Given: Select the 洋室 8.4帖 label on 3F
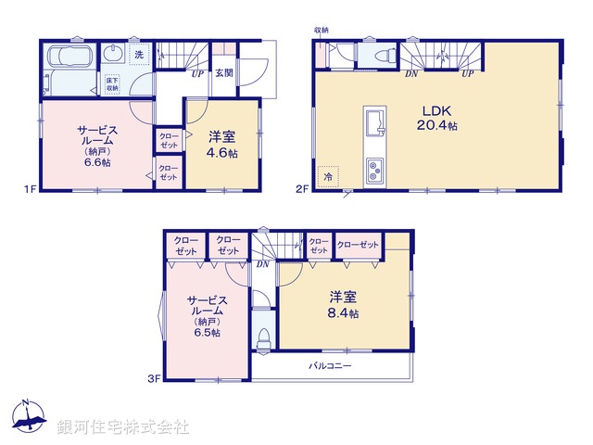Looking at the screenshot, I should click(x=343, y=306).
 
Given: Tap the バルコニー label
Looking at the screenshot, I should click(x=330, y=366).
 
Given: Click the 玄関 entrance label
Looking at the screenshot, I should click(x=223, y=73).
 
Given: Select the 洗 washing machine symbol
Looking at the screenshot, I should click(x=138, y=55).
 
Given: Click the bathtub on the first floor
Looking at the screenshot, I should click(x=67, y=56).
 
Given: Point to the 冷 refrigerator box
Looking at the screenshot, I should click(x=328, y=174).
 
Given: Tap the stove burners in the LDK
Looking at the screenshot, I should click(x=375, y=170).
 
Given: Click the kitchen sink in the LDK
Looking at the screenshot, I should click(x=375, y=122).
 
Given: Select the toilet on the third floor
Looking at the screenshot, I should click(x=262, y=338).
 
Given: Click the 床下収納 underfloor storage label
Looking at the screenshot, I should click(x=112, y=83).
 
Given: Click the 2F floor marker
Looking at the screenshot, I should click(x=301, y=189).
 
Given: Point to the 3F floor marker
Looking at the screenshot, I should click(x=155, y=378).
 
